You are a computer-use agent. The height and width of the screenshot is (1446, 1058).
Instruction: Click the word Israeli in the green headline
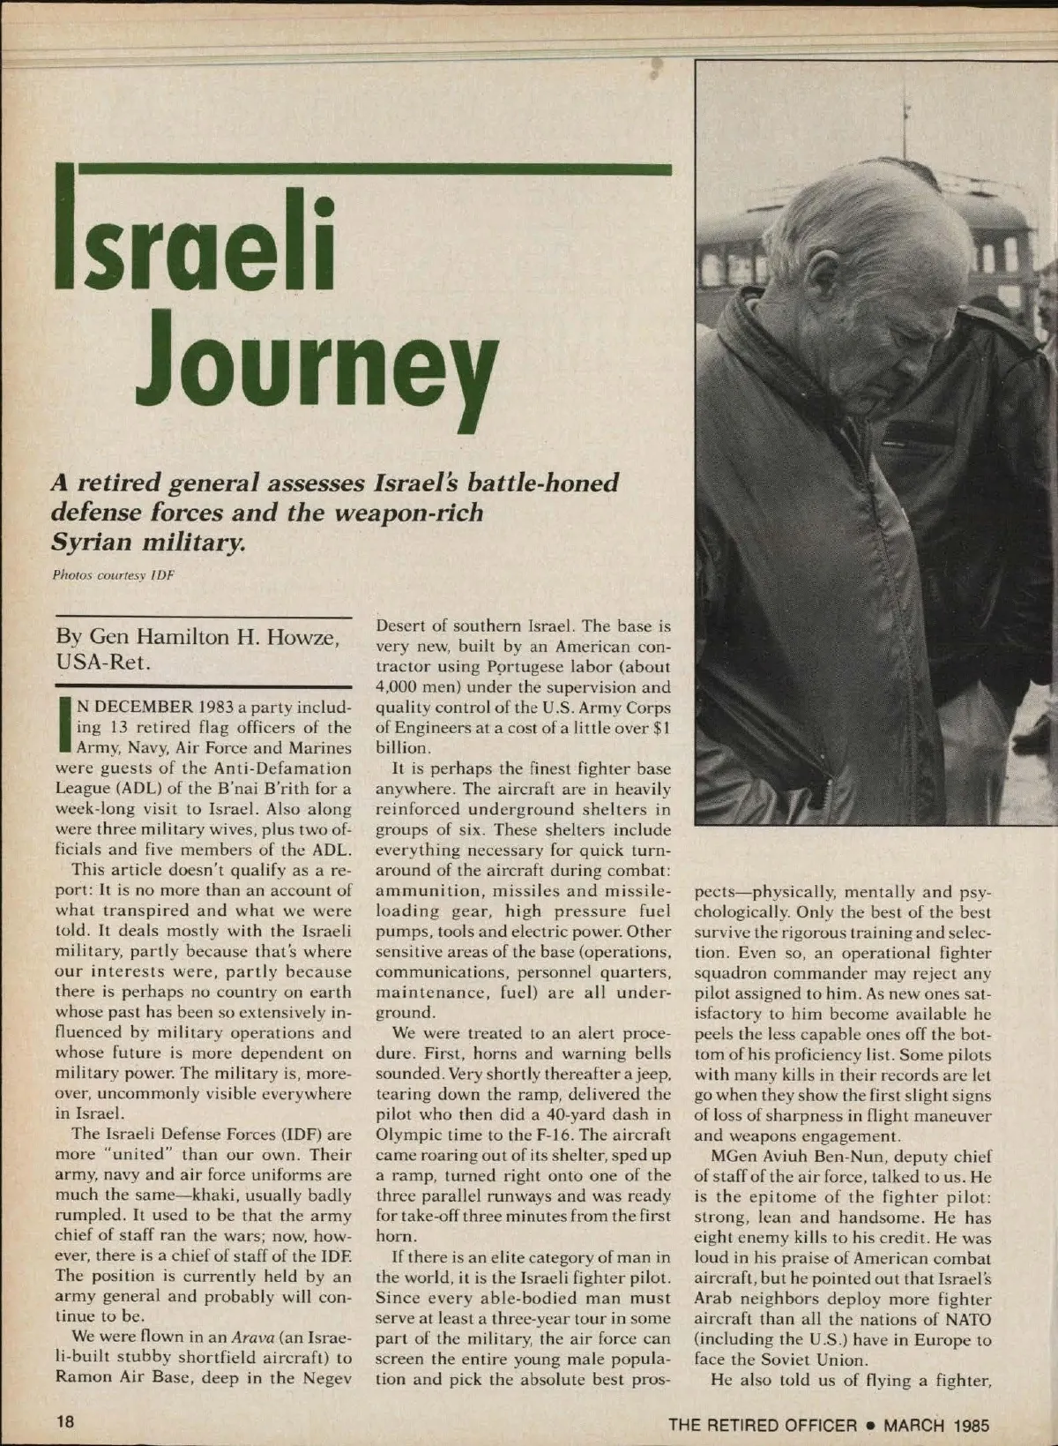click(196, 243)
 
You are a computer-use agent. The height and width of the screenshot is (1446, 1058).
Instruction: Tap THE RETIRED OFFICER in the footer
click(762, 1424)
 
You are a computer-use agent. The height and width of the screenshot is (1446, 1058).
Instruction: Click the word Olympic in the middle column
click(404, 1135)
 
